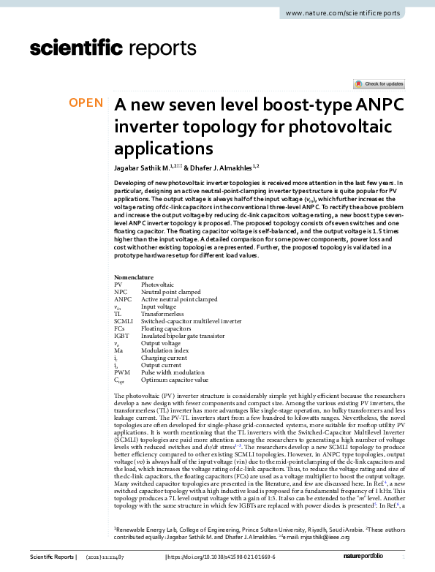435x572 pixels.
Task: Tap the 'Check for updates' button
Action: pos(378,85)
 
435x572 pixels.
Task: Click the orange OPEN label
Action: pos(86,103)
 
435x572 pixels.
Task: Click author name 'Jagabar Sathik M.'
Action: pos(145,168)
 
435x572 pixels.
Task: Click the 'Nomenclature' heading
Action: pos(134,278)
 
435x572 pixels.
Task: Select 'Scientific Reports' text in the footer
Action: pos(54,557)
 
